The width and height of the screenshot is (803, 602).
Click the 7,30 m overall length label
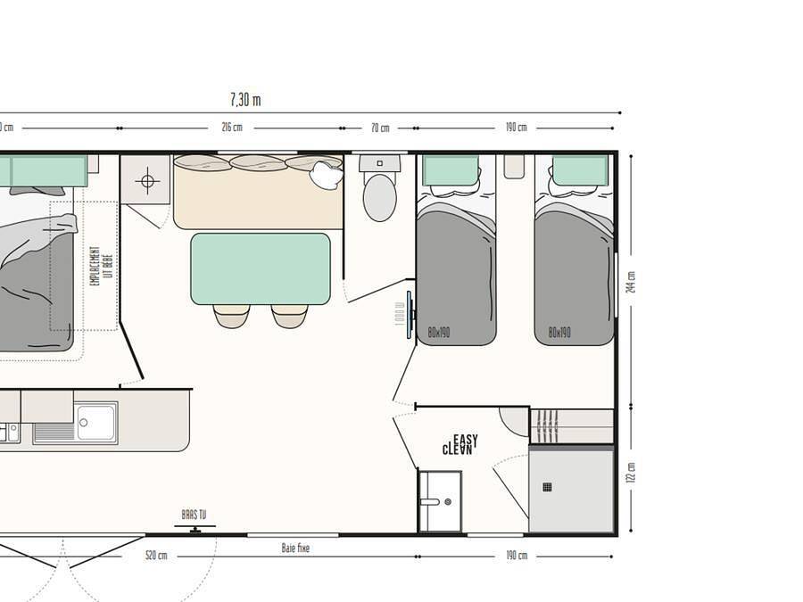[x=245, y=100]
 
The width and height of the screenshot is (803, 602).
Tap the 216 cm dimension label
[x=232, y=128]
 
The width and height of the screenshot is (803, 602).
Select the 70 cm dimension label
[x=380, y=128]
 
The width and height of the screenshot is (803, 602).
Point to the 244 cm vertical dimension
[x=632, y=282]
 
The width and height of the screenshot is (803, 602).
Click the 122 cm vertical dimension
[x=632, y=472]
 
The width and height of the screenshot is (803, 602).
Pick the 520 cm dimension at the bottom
[x=156, y=556]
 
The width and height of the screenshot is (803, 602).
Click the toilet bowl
[x=380, y=197]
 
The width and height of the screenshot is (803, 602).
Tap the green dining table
[x=261, y=268]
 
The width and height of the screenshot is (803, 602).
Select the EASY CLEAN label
[x=460, y=445]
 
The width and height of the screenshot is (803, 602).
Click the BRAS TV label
[x=194, y=515]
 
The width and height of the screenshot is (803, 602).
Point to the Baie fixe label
[x=295, y=548]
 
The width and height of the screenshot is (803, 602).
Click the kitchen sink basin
[x=96, y=422]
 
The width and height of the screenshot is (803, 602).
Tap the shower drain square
[x=547, y=487]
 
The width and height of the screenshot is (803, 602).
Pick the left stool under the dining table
[x=231, y=316]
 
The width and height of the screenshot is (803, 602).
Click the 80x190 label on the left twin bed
[x=438, y=333]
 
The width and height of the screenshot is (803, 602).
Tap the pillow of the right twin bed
[x=580, y=169]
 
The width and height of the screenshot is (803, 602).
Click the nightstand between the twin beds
[x=514, y=166]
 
